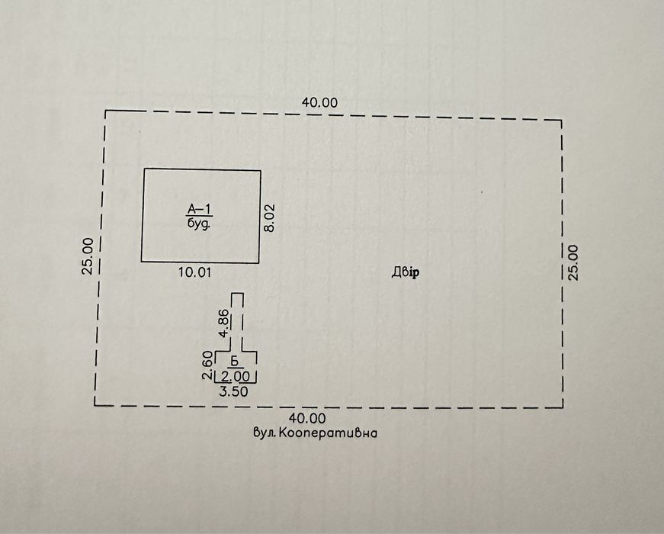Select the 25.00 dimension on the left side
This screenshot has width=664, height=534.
coord(88,256)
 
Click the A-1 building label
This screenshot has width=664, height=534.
coord(200,209)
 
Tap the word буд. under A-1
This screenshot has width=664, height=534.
coord(199,224)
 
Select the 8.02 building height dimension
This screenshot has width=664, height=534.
coord(269,217)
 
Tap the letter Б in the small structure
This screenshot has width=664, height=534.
coord(236,361)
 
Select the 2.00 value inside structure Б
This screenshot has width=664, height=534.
coord(236,375)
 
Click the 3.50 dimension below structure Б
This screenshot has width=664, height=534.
coord(234,391)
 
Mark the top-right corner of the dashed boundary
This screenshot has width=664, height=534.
coord(563,121)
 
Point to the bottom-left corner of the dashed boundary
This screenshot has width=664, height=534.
coord(95,404)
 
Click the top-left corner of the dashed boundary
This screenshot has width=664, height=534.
coord(104,111)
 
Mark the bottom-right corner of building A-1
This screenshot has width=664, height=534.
coord(260,262)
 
